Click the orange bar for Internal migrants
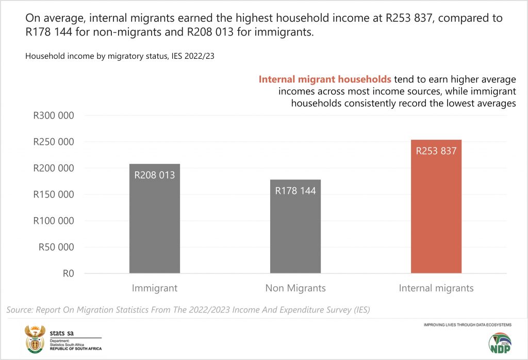pyautogui.click(x=436, y=217)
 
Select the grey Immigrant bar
pyautogui.click(x=155, y=227)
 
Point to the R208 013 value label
pyautogui.click(x=155, y=175)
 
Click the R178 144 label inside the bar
pyautogui.click(x=295, y=191)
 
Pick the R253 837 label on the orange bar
pyautogui.click(x=436, y=151)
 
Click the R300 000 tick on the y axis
pyautogui.click(x=54, y=116)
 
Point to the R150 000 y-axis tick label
pyautogui.click(x=54, y=194)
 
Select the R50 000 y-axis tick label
pyautogui.click(x=56, y=247)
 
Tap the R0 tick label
pyautogui.click(x=68, y=273)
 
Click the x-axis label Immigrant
pyautogui.click(x=155, y=288)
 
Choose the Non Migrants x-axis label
pyautogui.click(x=295, y=288)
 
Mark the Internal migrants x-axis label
pyautogui.click(x=436, y=288)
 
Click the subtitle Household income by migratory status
pyautogui.click(x=120, y=56)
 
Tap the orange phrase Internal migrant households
pyautogui.click(x=325, y=80)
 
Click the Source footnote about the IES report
pyautogui.click(x=188, y=309)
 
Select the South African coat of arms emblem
pyautogui.click(x=35, y=338)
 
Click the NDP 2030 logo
pyautogui.click(x=500, y=343)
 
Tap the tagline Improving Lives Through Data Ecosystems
pyautogui.click(x=467, y=325)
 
